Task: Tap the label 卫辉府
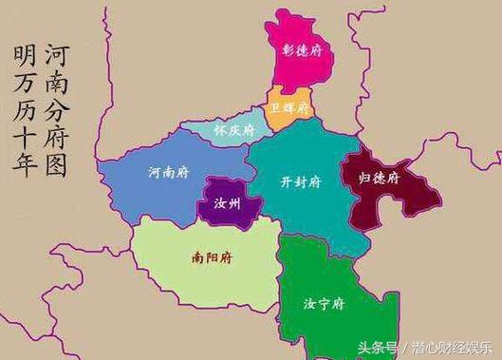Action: (289, 108)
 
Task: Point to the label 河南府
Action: (168, 173)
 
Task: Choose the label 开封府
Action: (302, 181)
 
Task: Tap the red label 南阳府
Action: (211, 256)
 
